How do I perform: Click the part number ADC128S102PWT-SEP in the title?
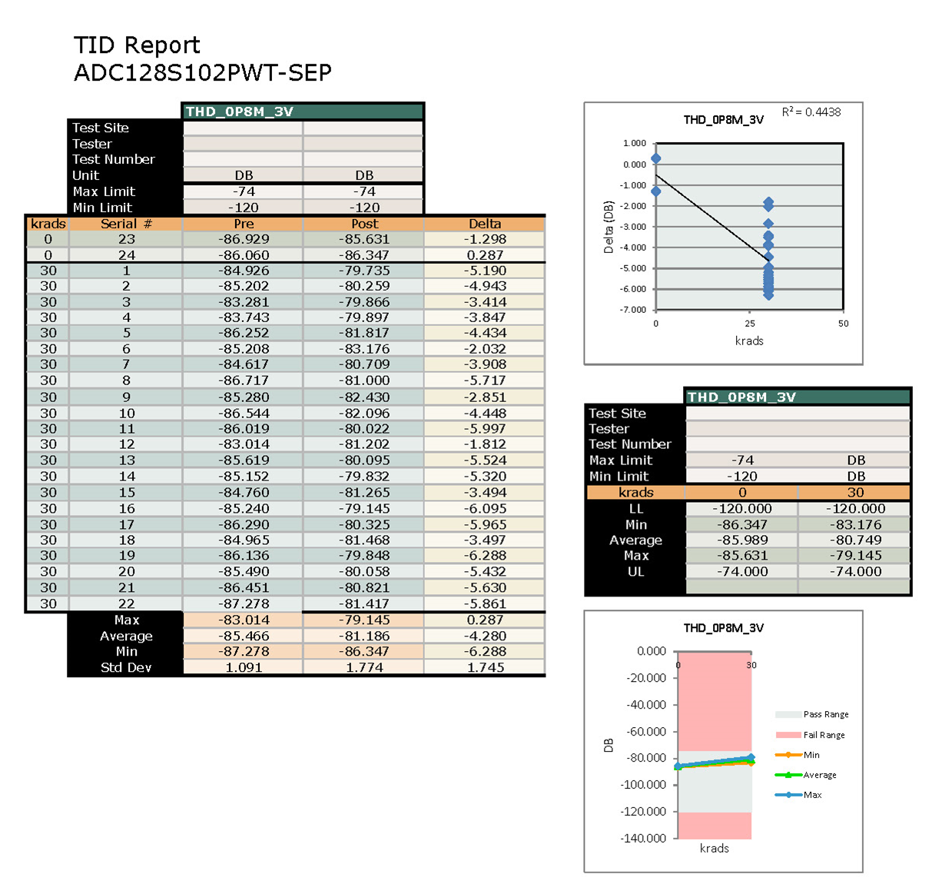[x=203, y=73]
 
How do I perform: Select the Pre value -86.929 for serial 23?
[x=244, y=239]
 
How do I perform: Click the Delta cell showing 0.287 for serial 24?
[x=485, y=255]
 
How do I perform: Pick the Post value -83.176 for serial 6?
[x=364, y=349]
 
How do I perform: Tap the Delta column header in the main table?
[x=485, y=224]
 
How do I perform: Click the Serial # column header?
[x=126, y=224]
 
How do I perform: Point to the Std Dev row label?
[x=126, y=667]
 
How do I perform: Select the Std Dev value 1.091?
[x=244, y=667]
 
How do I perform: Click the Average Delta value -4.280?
[x=485, y=636]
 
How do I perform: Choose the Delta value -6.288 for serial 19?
[x=485, y=555]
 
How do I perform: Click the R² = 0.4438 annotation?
[x=811, y=112]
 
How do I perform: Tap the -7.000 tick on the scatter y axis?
[x=634, y=310]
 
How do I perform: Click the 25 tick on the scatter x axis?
[x=750, y=324]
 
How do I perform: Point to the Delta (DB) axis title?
[x=609, y=228]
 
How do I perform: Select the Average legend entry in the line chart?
[x=819, y=775]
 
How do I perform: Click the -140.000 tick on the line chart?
[x=645, y=838]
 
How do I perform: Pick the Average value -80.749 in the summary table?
[x=855, y=540]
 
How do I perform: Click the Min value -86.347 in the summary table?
[x=742, y=524]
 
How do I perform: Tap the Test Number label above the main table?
[x=114, y=159]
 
